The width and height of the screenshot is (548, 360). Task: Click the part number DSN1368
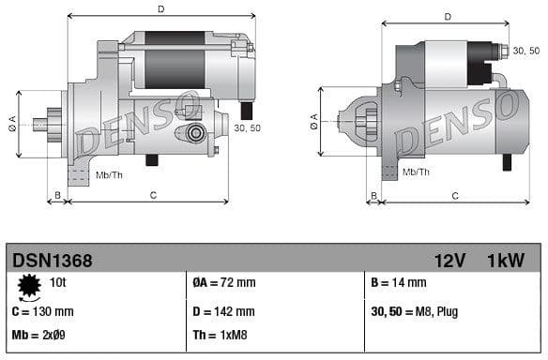tap(52, 260)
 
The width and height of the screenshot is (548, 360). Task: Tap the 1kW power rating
tap(506, 260)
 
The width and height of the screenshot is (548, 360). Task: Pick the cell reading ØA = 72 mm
tap(225, 282)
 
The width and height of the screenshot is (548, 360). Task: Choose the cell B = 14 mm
tap(399, 282)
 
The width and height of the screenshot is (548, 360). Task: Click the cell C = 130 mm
tap(42, 311)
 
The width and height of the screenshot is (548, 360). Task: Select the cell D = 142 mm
tap(223, 311)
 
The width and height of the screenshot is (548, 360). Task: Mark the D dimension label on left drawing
tap(160, 9)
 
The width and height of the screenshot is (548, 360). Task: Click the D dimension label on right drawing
tap(447, 16)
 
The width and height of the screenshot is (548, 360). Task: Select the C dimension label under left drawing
tap(152, 195)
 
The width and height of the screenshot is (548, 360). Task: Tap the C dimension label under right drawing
tap(454, 195)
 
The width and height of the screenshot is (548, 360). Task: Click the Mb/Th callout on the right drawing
tap(416, 172)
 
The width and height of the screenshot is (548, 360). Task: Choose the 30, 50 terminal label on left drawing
tap(247, 128)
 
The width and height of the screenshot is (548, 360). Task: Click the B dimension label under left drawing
tap(57, 195)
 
